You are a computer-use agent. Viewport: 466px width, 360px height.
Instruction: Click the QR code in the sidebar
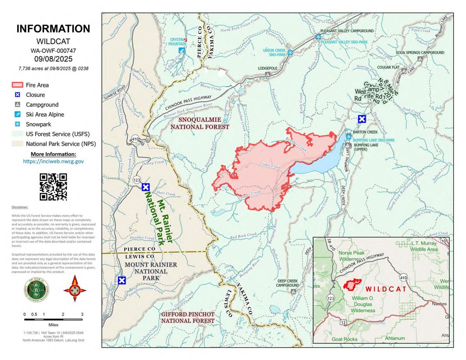[x=53, y=187]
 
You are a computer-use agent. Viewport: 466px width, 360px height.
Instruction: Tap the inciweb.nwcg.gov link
[x=53, y=161]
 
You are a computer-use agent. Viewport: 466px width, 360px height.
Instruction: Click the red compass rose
[x=75, y=289]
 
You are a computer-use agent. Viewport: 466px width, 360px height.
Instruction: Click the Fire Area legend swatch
[x=17, y=85]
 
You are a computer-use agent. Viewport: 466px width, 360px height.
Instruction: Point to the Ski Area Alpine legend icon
[x=17, y=114]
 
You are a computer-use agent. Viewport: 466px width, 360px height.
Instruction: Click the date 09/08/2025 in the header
[x=53, y=59]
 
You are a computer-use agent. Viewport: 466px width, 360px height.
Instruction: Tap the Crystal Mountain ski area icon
[x=182, y=50]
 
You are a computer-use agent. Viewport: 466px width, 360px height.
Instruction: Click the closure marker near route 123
[x=146, y=187]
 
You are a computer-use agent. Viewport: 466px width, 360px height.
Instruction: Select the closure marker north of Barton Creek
[x=362, y=119]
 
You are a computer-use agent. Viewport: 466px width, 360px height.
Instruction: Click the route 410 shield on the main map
[x=135, y=139]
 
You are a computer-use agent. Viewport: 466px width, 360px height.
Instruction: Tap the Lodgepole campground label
[x=267, y=68]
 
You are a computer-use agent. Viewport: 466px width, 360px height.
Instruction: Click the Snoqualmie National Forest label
[x=200, y=123]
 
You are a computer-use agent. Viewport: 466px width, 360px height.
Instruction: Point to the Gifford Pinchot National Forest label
[x=188, y=318]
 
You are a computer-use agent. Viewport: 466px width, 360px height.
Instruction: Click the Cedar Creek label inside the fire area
[x=271, y=165]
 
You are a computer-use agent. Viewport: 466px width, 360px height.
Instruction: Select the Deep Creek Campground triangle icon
[x=293, y=292]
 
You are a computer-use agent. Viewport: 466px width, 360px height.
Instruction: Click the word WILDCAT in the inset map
[x=386, y=289]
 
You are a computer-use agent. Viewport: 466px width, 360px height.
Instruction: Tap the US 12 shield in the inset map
[x=344, y=322]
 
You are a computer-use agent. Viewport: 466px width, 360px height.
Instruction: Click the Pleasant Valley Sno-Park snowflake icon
[x=318, y=37]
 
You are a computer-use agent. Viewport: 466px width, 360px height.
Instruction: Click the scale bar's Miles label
[x=53, y=325]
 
